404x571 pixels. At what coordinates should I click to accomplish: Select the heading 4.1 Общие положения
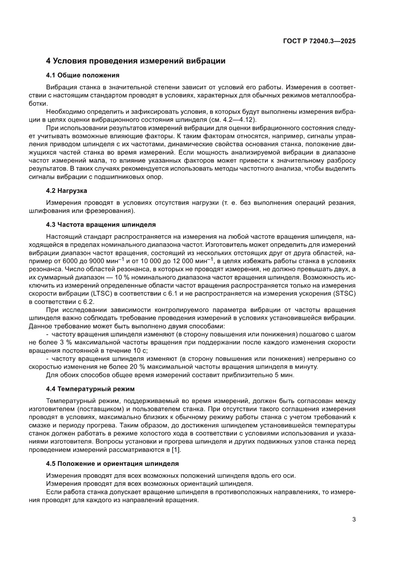pyautogui.click(x=83, y=75)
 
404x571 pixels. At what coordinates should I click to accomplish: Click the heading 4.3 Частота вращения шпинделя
pyautogui.click(x=101, y=225)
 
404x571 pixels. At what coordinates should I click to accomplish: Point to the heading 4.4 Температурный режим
pyautogui.click(x=90, y=389)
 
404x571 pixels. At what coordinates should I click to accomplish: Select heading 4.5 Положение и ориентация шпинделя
pyautogui.click(x=112, y=463)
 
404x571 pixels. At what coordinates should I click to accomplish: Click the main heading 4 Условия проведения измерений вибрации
pyautogui.click(x=135, y=62)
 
